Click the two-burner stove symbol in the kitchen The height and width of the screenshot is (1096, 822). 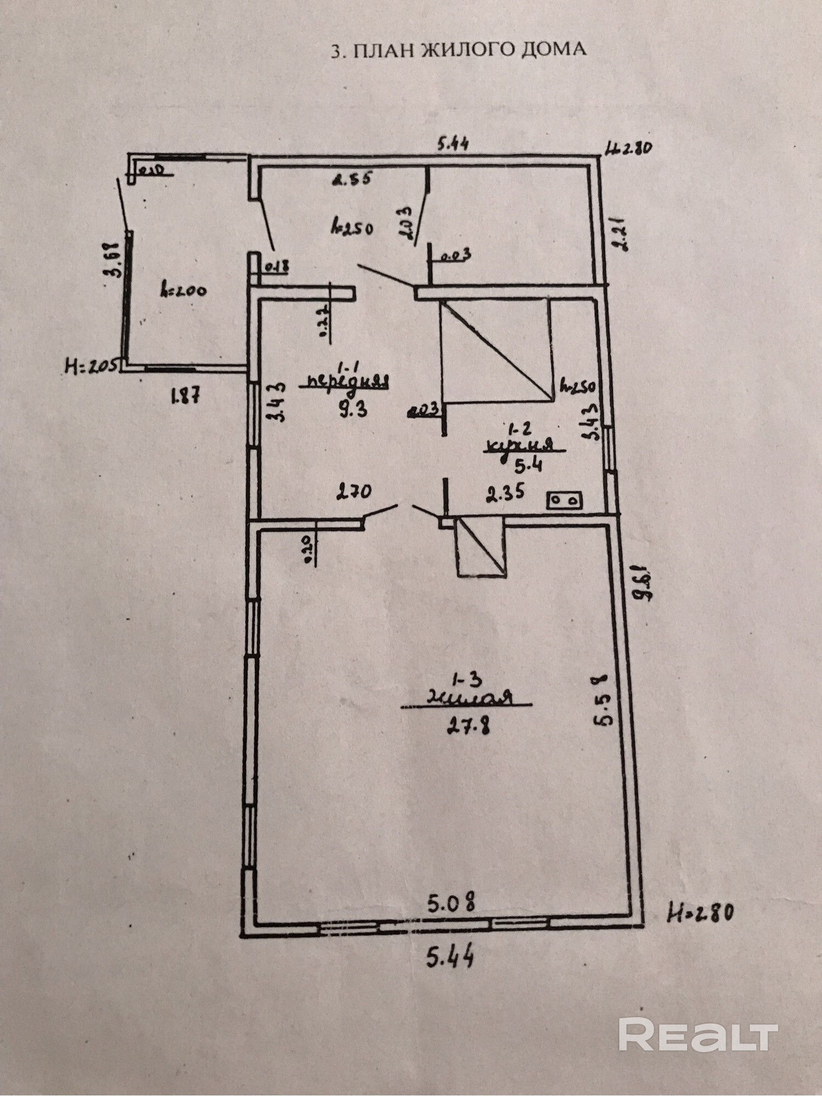[x=564, y=500]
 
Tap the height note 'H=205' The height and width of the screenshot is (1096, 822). [x=91, y=365]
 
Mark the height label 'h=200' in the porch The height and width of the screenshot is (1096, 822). [x=183, y=291]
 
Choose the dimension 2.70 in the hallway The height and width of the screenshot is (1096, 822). [x=353, y=490]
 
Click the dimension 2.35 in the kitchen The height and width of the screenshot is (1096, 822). [x=505, y=492]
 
